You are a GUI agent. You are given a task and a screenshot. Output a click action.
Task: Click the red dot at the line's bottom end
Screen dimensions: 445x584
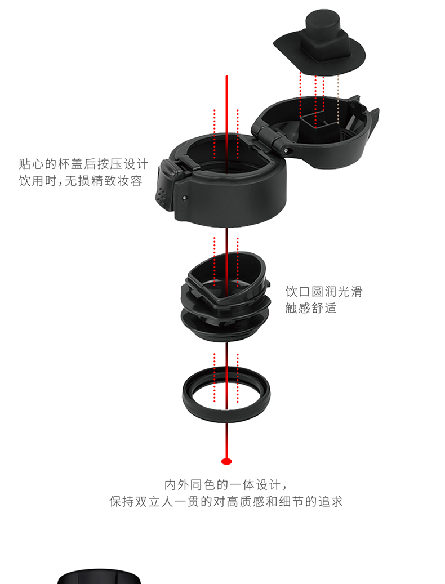click(x=226, y=461)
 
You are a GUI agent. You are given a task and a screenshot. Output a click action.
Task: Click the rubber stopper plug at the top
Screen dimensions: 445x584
click(x=320, y=44)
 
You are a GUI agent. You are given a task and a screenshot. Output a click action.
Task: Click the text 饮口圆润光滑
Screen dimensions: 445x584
click(x=324, y=291)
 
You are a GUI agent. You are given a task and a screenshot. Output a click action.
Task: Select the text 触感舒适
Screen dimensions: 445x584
click(x=311, y=308)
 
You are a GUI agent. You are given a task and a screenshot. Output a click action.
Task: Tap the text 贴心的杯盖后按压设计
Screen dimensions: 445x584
click(x=83, y=164)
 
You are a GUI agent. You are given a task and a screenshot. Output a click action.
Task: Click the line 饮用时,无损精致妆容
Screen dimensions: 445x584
click(x=81, y=181)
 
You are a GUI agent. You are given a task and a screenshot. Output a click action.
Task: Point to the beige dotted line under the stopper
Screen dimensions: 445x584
click(x=338, y=99)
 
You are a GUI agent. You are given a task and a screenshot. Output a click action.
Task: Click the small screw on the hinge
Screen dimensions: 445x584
click(x=286, y=150)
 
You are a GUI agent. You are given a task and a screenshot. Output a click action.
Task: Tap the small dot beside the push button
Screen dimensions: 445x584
click(x=184, y=198)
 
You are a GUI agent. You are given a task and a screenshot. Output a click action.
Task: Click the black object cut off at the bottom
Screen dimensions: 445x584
click(x=99, y=577)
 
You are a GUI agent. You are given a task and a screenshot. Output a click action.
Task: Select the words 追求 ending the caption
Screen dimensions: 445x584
click(x=330, y=501)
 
